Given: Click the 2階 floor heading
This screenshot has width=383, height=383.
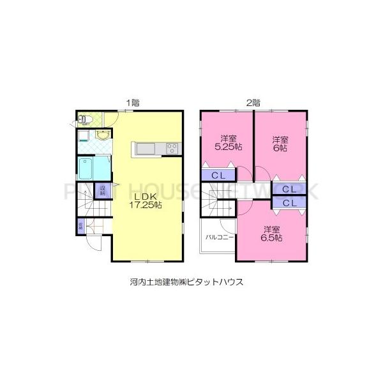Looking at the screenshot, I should click(253, 101).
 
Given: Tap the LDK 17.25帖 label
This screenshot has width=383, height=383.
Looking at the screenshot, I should click(147, 200).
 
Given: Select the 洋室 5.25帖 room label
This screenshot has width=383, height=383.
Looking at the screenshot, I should click(227, 142).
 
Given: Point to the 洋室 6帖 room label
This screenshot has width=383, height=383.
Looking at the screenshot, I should click(280, 143).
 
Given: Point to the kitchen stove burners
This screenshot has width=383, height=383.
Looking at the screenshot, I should click(172, 149).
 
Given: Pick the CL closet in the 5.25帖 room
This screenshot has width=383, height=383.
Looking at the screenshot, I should click(218, 176).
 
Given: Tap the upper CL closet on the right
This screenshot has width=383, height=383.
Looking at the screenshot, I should click(289, 189).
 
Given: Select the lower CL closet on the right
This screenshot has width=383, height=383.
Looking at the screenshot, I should click(289, 203).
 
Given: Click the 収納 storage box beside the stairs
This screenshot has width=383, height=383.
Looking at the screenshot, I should click(102, 190).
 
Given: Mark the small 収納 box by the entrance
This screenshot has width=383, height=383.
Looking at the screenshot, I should click(80, 225).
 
